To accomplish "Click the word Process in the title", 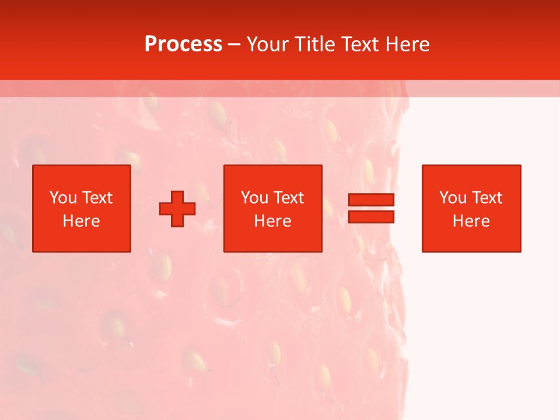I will [183, 44].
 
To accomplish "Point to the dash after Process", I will [234, 45].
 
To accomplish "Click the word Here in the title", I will [408, 44].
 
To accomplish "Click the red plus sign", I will [177, 209].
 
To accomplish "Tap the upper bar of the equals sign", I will [371, 200].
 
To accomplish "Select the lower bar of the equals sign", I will [371, 217].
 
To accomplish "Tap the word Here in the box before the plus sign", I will [81, 221].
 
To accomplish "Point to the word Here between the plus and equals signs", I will [272, 221].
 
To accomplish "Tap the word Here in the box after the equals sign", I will [471, 221].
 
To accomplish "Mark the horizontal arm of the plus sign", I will [165, 209].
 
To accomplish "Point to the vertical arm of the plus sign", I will [177, 197].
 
